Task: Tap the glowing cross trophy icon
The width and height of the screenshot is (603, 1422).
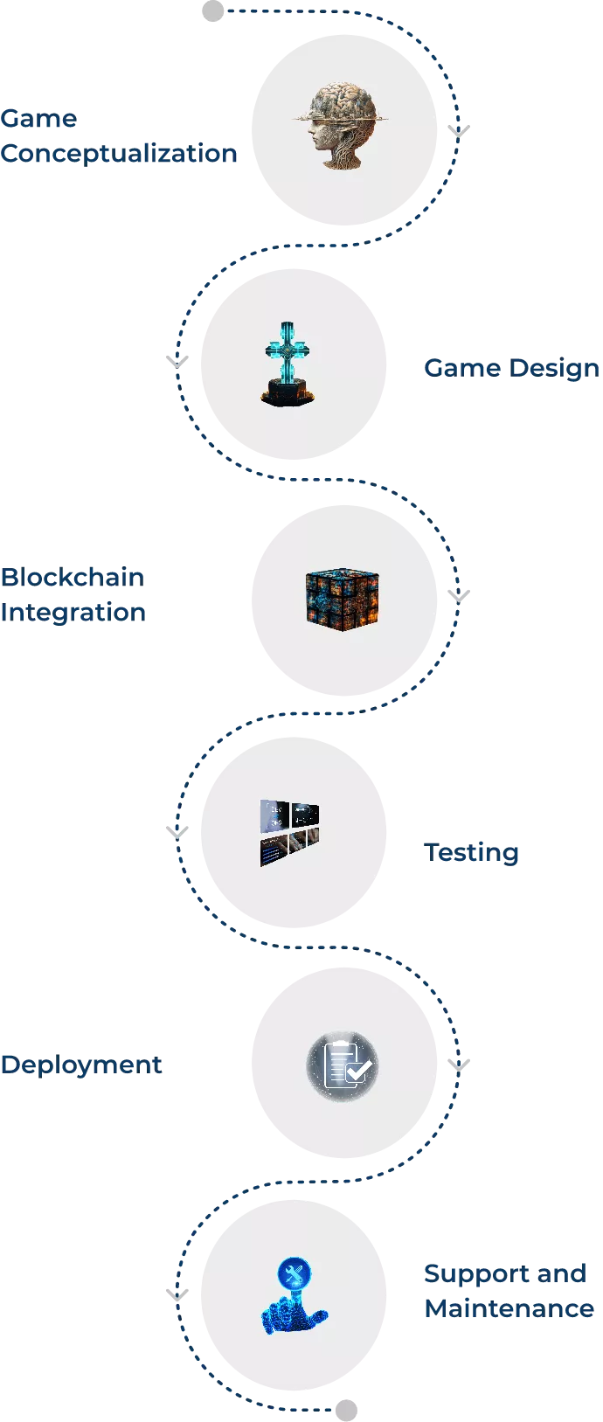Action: pyautogui.click(x=288, y=363)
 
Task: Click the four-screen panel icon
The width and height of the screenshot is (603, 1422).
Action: pyautogui.click(x=288, y=833)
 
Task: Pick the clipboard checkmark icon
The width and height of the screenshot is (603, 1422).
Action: pyautogui.click(x=342, y=1065)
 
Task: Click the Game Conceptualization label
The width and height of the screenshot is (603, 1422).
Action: pyautogui.click(x=118, y=136)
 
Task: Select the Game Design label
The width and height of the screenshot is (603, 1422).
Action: pyautogui.click(x=509, y=368)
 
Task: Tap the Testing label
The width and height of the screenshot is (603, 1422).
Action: pyautogui.click(x=473, y=852)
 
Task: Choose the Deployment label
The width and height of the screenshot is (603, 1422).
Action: pyautogui.click(x=82, y=1065)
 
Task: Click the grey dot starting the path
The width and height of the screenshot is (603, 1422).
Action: pyautogui.click(x=212, y=13)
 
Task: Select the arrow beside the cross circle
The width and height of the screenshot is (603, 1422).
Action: pyautogui.click(x=176, y=359)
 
